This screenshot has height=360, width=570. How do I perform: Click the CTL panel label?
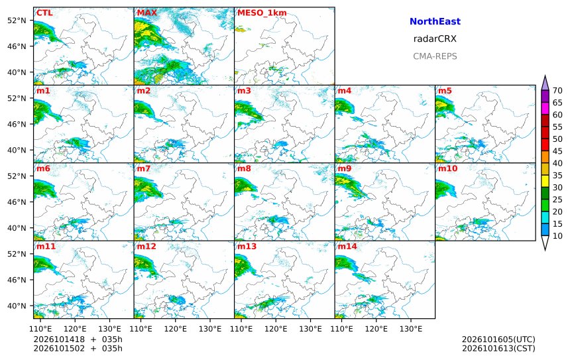(44, 13)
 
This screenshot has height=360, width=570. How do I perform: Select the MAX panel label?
(147, 13)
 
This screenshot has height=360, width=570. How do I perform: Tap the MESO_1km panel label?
(262, 13)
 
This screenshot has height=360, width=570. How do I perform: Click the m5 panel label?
(445, 91)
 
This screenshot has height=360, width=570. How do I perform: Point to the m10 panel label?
(447, 168)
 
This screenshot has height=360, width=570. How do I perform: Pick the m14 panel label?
(347, 246)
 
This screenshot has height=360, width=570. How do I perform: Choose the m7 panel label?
(143, 168)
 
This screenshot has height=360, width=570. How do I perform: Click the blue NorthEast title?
(435, 21)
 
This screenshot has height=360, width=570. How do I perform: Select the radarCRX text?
(435, 39)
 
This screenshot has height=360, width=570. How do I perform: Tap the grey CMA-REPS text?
(435, 56)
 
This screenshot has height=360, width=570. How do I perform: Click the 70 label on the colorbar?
(557, 91)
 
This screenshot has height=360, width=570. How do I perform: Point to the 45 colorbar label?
(557, 151)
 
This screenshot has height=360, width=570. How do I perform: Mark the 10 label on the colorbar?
(557, 236)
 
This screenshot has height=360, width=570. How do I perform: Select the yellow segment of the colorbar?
(545, 182)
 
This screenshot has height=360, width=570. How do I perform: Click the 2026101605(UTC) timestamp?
(498, 339)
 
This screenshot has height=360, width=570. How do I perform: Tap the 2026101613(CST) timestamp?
(498, 348)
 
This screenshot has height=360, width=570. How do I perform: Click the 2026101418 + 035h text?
(78, 339)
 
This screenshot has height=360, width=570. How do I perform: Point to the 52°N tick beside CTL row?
(17, 21)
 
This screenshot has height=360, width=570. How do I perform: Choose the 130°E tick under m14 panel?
(411, 329)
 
